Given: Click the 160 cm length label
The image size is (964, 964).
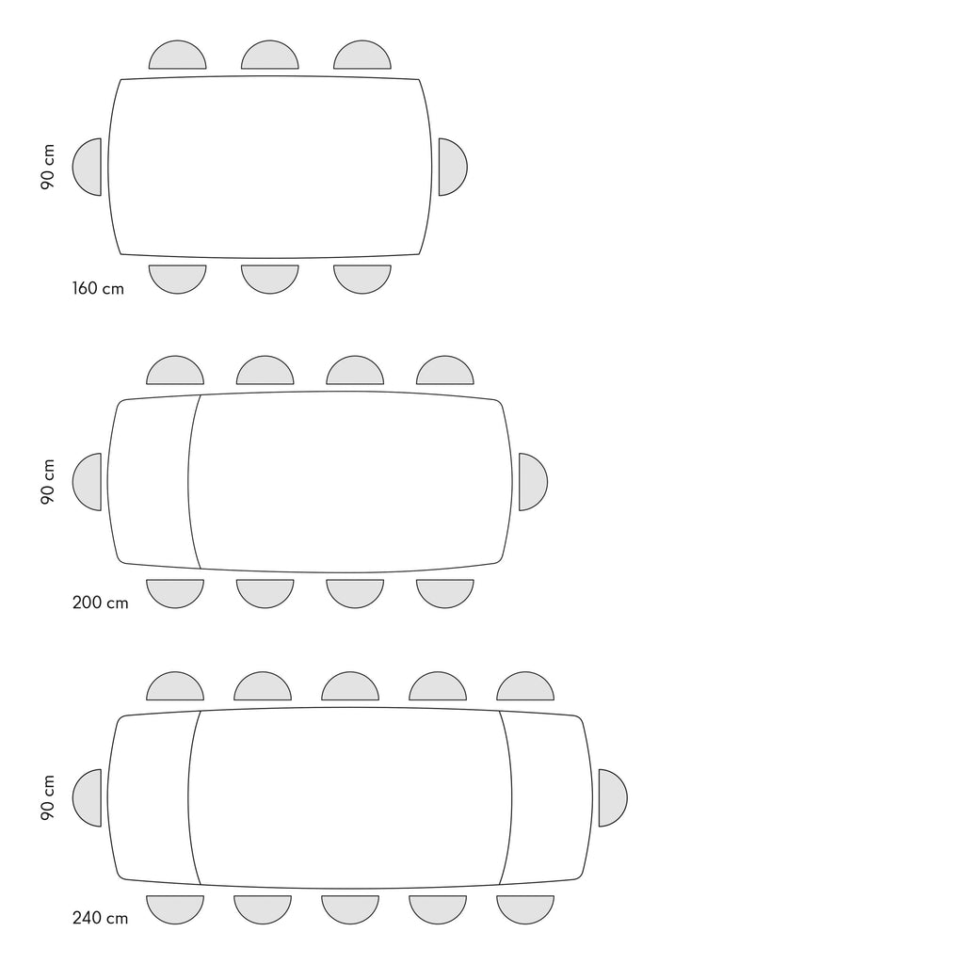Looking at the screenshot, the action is tap(98, 288).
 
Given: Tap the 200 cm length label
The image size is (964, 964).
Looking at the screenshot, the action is tap(100, 602).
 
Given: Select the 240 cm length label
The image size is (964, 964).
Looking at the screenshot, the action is tap(100, 918).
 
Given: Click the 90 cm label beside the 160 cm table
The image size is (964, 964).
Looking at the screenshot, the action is tap(48, 168).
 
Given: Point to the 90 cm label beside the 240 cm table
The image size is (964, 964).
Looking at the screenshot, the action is tap(48, 797).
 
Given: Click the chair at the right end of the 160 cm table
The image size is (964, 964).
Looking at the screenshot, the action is tap(453, 168).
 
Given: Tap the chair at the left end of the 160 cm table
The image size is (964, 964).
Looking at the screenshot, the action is tap(88, 168).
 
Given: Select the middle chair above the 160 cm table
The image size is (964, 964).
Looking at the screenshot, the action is tap(270, 56).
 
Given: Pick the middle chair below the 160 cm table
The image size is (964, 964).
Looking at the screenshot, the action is tap(270, 279).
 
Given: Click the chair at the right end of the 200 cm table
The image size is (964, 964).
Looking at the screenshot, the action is tap(533, 482).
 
